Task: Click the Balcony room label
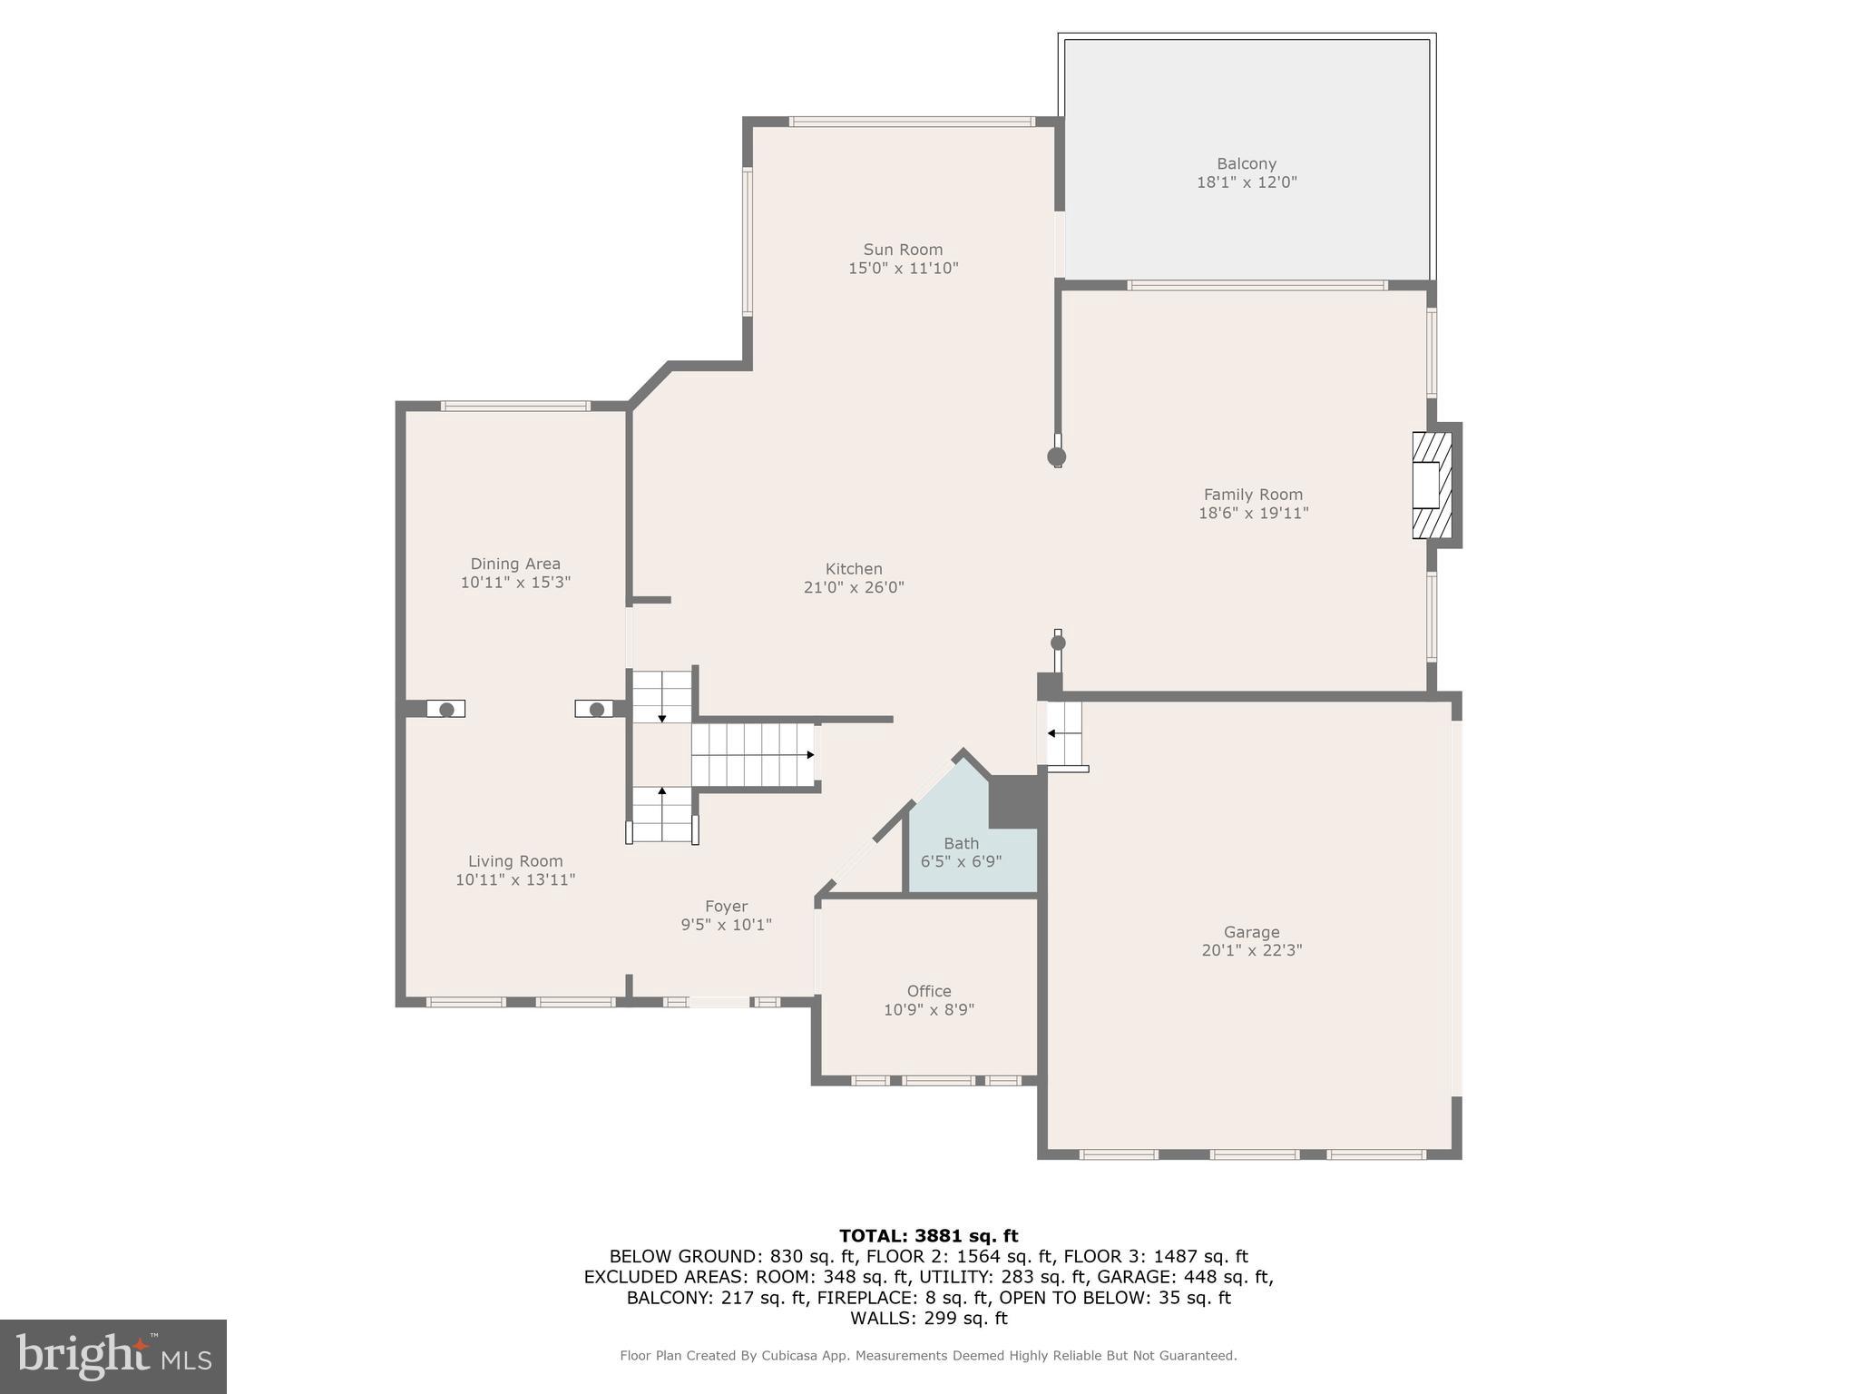(1246, 164)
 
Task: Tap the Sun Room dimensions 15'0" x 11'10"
(903, 269)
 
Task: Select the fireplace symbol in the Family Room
(1432, 486)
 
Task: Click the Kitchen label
(853, 569)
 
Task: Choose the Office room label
(928, 991)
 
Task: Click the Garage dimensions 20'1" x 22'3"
(1251, 950)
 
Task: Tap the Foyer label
(726, 906)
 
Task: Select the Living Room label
(514, 861)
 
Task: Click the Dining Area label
(514, 564)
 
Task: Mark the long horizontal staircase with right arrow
(753, 754)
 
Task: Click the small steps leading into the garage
(1064, 733)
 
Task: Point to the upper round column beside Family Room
(1056, 456)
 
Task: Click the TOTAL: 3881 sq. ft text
(928, 1235)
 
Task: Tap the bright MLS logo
(112, 1356)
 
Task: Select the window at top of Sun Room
(911, 122)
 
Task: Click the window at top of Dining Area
(514, 407)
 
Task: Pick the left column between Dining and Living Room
(445, 709)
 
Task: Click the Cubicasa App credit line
(928, 1355)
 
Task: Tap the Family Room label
(1252, 495)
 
